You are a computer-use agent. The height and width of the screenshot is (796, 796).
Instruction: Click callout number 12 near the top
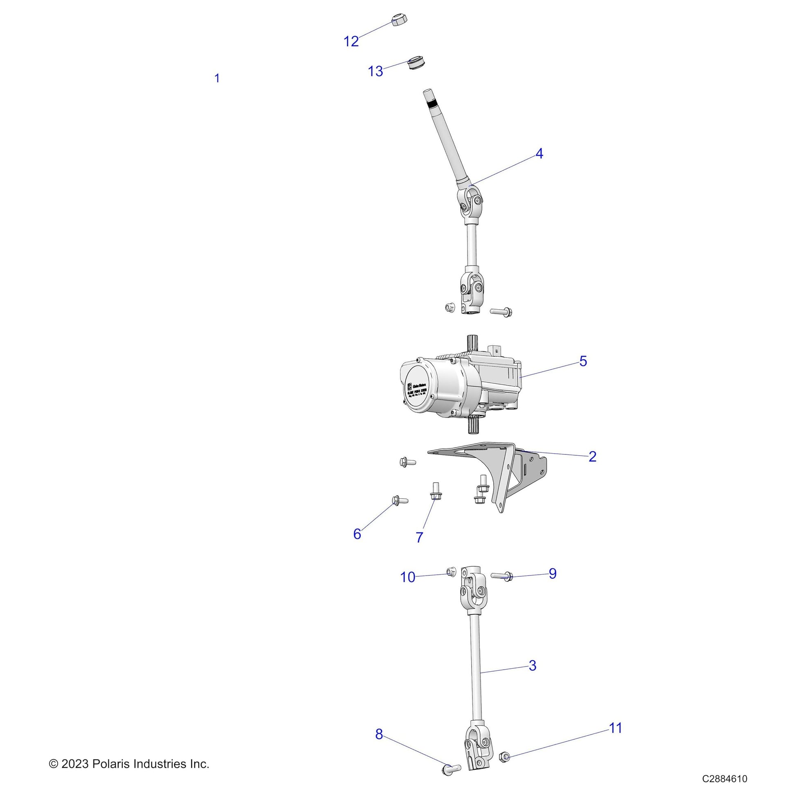pyautogui.click(x=351, y=41)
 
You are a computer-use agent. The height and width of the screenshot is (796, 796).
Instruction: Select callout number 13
pyautogui.click(x=376, y=71)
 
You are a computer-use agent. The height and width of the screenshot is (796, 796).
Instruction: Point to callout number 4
pyautogui.click(x=539, y=153)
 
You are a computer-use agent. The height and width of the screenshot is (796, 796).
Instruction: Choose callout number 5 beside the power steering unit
pyautogui.click(x=583, y=361)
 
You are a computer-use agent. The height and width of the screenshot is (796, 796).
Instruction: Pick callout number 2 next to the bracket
pyautogui.click(x=592, y=456)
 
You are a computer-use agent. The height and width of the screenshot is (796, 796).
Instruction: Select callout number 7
pyautogui.click(x=419, y=537)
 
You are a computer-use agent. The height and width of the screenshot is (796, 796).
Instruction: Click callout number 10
pyautogui.click(x=408, y=577)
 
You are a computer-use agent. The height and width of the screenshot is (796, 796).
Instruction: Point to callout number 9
pyautogui.click(x=553, y=573)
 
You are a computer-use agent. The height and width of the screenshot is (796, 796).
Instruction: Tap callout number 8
pyautogui.click(x=379, y=734)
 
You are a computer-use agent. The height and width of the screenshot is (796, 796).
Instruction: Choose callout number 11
pyautogui.click(x=616, y=728)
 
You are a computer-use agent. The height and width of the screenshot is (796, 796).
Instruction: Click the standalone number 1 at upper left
pyautogui.click(x=217, y=78)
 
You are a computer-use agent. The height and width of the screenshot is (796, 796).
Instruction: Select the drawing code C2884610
pyautogui.click(x=725, y=779)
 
